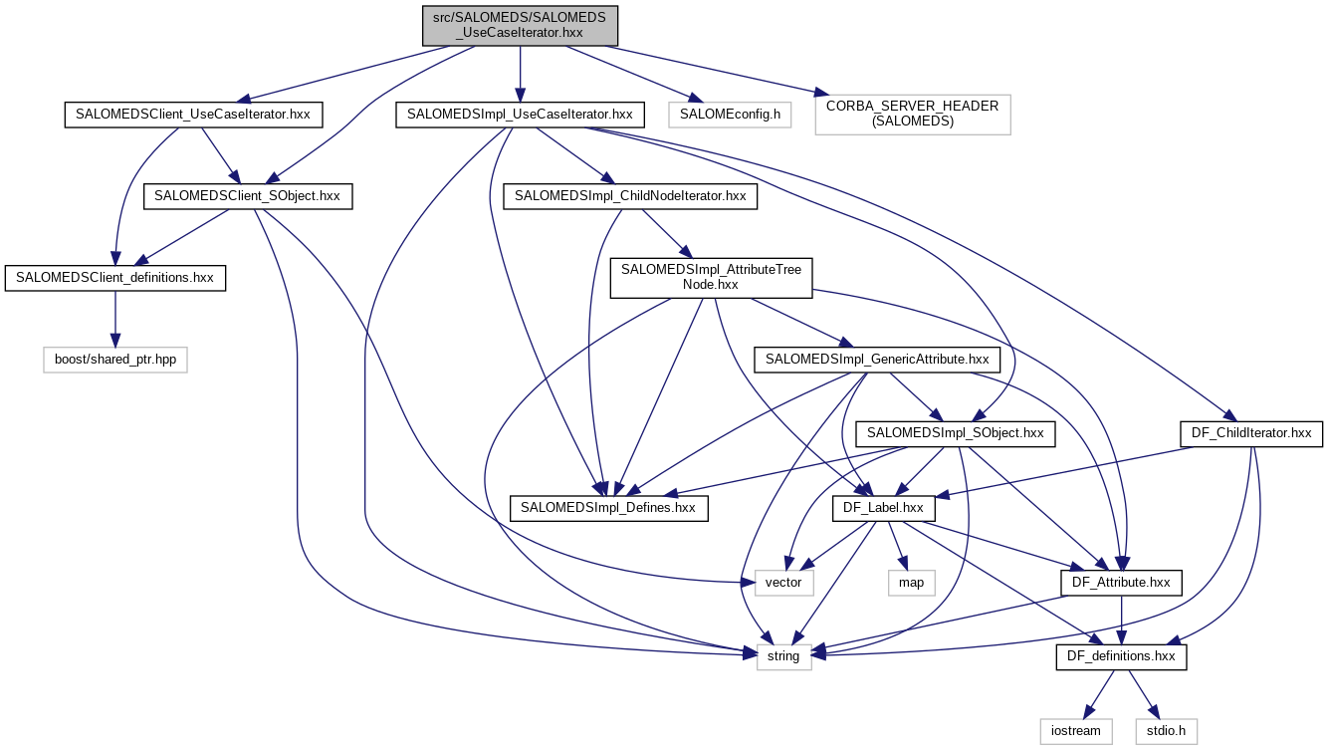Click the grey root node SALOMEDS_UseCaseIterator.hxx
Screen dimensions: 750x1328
519,24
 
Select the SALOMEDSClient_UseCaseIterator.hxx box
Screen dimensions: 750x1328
193,115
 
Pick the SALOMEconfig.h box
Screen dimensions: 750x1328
730,115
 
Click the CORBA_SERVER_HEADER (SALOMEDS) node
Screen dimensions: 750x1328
913,115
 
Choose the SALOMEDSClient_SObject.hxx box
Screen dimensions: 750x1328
248,196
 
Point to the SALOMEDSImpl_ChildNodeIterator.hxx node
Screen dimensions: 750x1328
630,196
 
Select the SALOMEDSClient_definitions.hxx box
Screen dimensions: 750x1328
115,278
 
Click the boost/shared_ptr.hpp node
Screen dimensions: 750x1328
115,360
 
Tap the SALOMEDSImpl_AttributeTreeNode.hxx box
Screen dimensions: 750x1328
712,278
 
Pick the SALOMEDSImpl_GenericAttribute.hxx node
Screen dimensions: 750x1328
876,360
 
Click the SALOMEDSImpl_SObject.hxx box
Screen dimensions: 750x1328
955,433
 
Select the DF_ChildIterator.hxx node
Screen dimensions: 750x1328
1250,433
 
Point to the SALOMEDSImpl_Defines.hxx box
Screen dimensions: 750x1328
608,508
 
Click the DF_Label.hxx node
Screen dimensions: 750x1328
883,508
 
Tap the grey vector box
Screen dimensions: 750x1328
784,583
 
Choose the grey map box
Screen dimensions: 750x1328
911,583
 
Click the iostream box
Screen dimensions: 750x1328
1076,731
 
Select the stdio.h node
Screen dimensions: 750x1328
1166,731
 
